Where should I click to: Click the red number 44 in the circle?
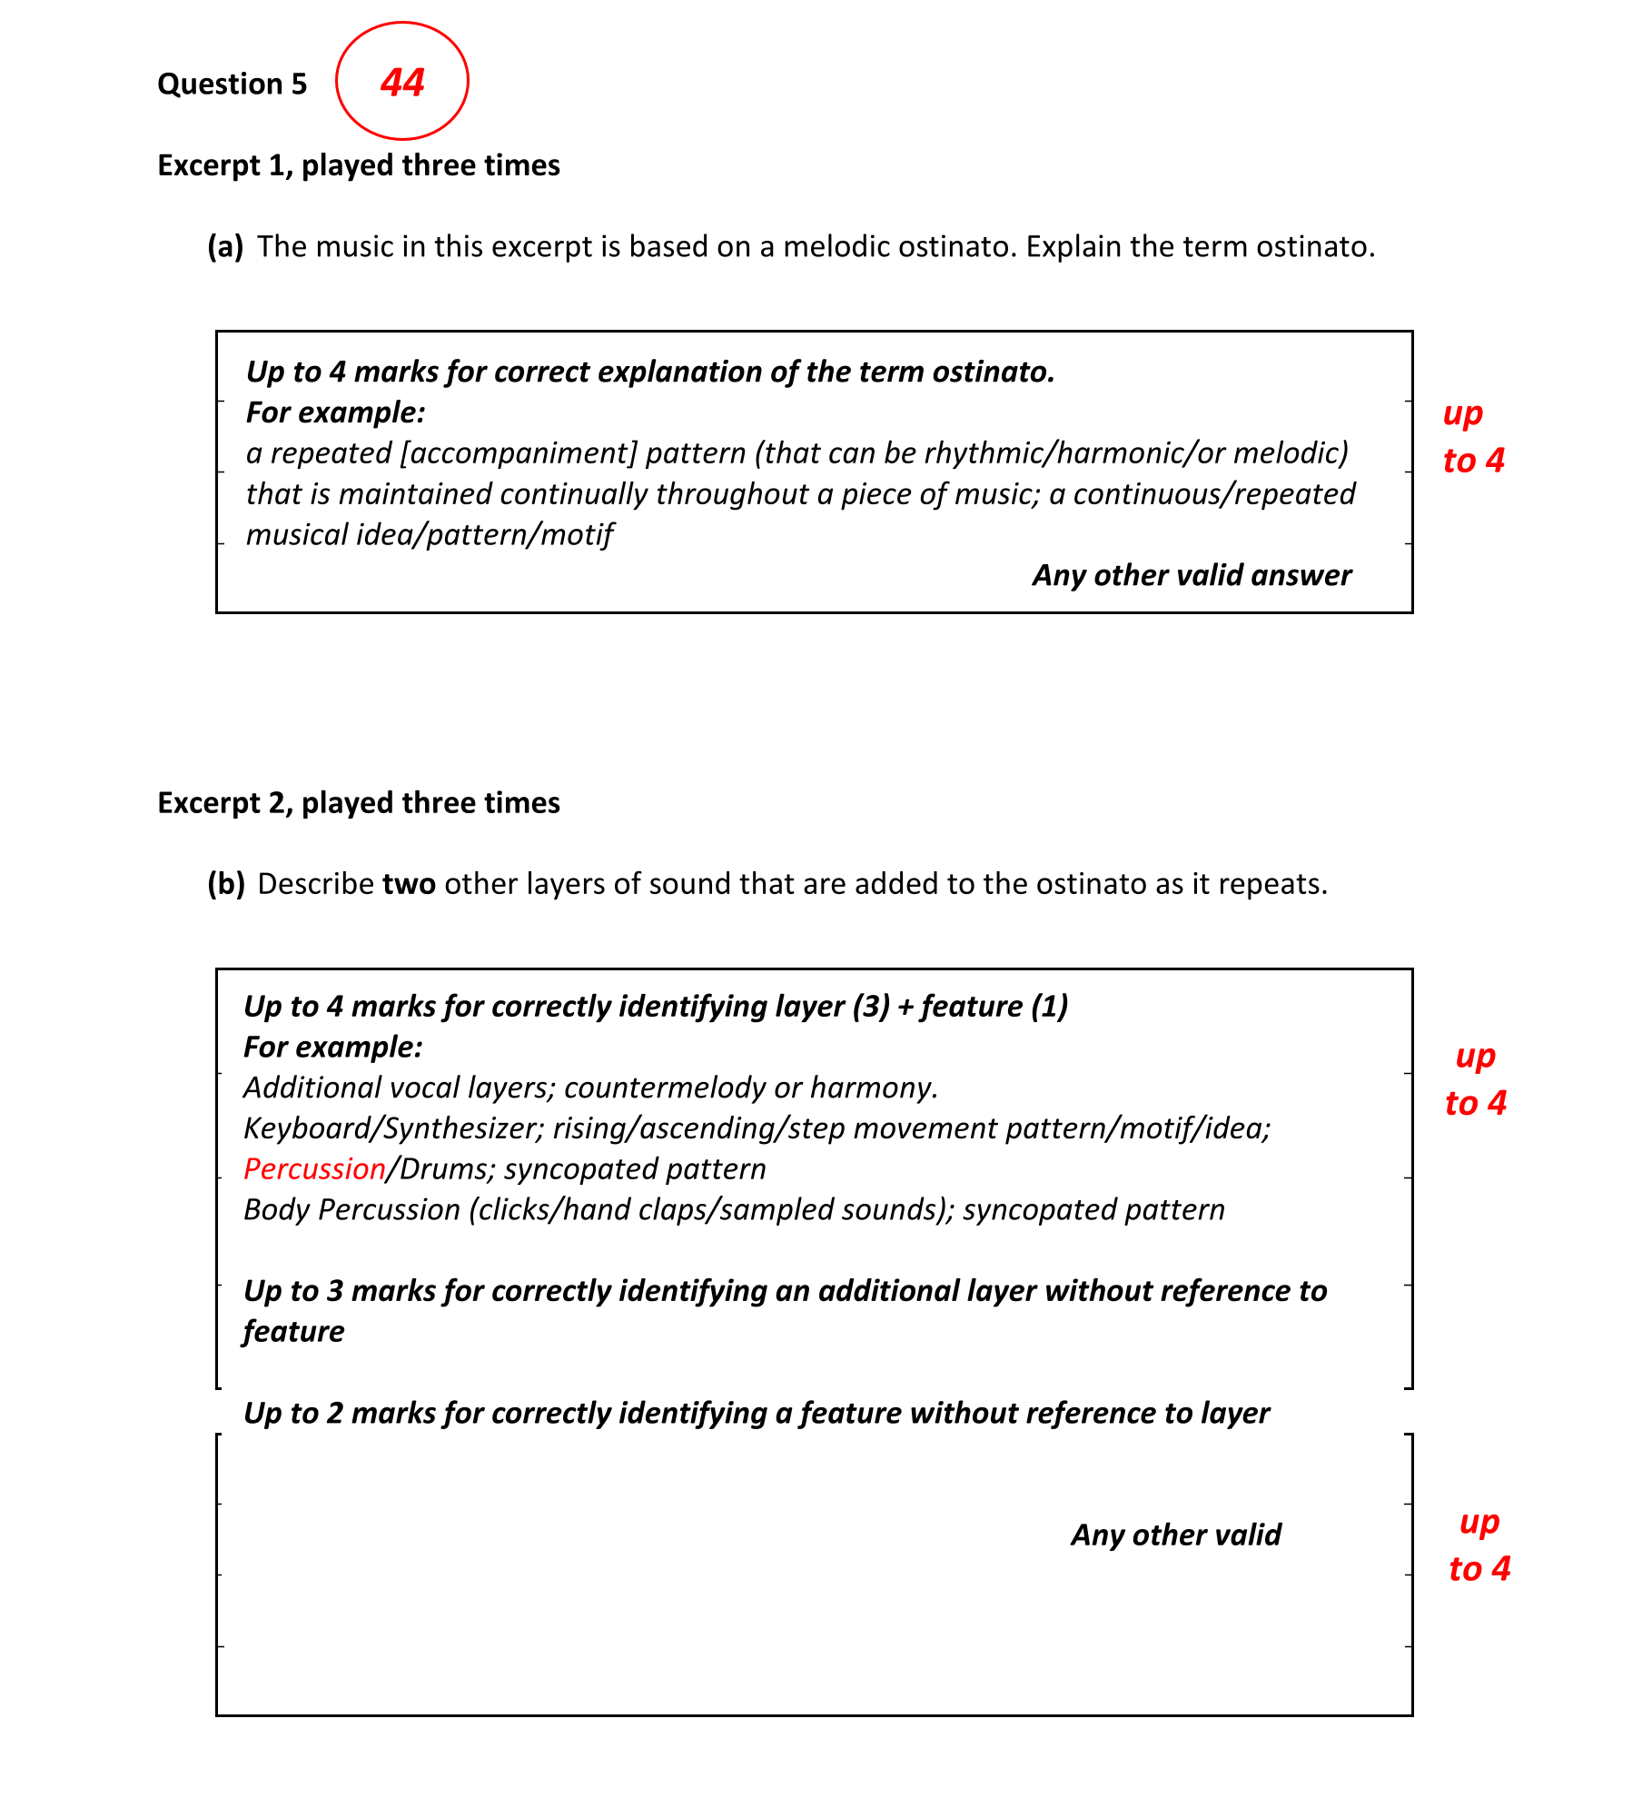[x=402, y=83]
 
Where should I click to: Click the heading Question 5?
[x=232, y=84]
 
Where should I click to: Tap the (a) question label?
[x=225, y=247]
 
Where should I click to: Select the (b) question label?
[x=226, y=884]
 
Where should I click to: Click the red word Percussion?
[x=314, y=1169]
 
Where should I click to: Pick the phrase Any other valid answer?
[x=1192, y=575]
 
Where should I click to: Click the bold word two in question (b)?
[x=409, y=884]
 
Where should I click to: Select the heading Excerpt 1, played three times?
[x=359, y=165]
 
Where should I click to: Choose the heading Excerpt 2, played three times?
[x=359, y=803]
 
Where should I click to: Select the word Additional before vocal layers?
[x=312, y=1088]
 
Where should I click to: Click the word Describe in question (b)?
[x=315, y=884]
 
